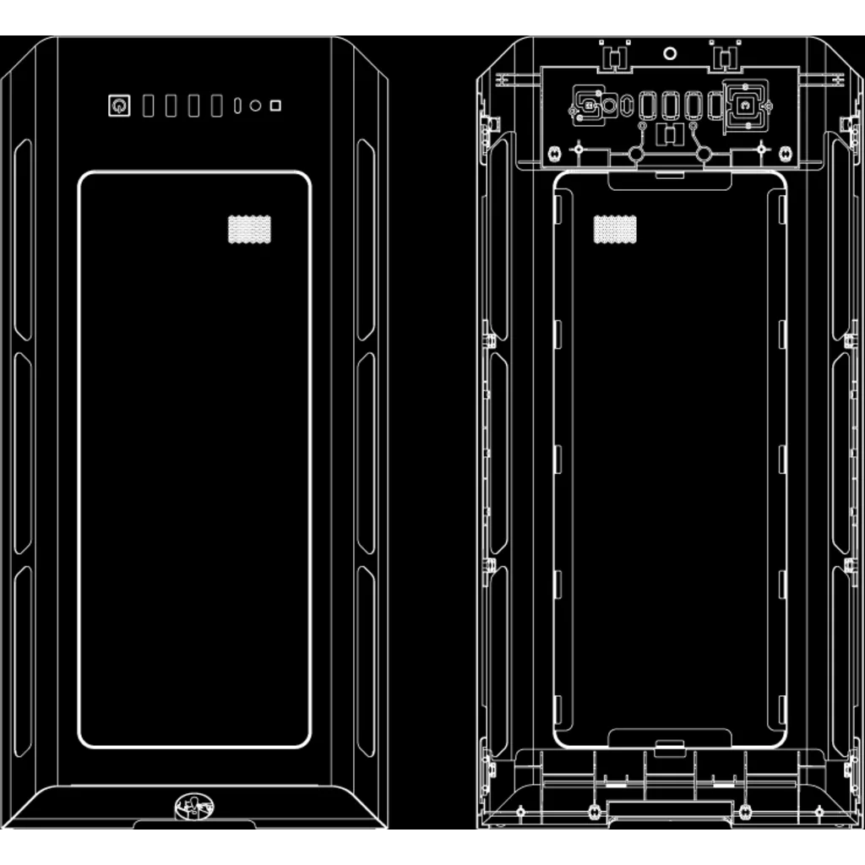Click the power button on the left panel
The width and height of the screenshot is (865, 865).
click(x=119, y=106)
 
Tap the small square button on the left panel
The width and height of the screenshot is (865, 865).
click(x=275, y=106)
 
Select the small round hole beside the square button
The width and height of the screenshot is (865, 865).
click(x=255, y=106)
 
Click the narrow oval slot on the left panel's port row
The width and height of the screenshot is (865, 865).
click(x=237, y=106)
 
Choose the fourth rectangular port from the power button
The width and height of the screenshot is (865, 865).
click(x=217, y=106)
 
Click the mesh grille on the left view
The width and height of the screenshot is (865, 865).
click(x=249, y=229)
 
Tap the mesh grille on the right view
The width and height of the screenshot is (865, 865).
click(x=615, y=229)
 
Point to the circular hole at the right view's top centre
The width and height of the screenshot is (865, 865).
click(x=670, y=53)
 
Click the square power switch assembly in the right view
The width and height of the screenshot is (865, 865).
click(x=745, y=106)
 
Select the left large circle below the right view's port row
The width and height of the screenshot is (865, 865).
click(x=637, y=155)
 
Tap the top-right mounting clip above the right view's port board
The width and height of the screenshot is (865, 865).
click(x=724, y=56)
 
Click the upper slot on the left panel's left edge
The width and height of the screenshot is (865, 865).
click(x=23, y=241)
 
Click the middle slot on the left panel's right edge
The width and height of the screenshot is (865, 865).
click(x=365, y=453)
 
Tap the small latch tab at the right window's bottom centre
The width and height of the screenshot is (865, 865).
click(x=669, y=747)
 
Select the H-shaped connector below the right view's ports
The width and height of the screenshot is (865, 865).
click(x=670, y=133)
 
